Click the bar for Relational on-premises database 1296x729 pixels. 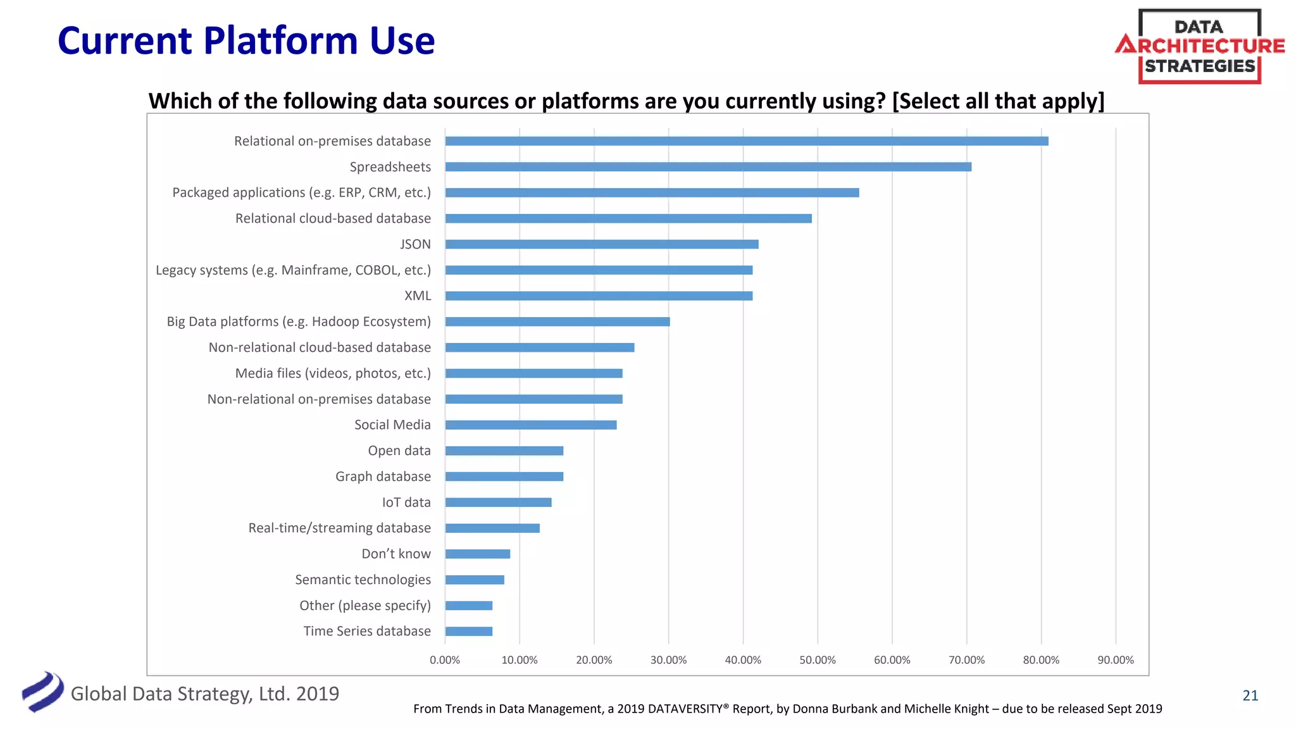click(747, 141)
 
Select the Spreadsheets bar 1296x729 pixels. click(708, 167)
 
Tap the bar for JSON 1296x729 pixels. click(601, 244)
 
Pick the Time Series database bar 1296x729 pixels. click(468, 632)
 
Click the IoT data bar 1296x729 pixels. click(498, 502)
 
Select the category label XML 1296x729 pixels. click(418, 296)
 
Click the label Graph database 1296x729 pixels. click(383, 477)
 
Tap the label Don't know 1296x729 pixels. click(396, 554)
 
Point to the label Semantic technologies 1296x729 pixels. click(363, 580)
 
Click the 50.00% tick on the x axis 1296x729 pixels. click(817, 660)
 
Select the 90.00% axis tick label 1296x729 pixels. click(1115, 660)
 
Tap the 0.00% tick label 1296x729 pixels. click(445, 660)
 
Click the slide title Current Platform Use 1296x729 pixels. click(246, 41)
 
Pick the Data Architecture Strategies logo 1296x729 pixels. click(1199, 46)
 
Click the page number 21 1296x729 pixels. click(1250, 695)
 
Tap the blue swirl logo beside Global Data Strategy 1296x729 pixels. click(42, 692)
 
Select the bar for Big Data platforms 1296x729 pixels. click(557, 322)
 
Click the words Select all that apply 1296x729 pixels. click(998, 101)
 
